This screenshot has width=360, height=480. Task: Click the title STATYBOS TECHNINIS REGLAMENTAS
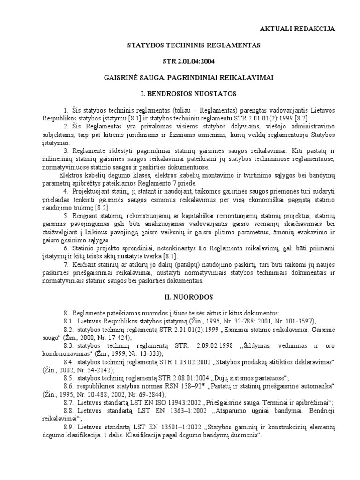click(194, 45)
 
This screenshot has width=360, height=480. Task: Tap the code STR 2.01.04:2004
click(194, 61)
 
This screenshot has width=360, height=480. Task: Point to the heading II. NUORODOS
click(194, 297)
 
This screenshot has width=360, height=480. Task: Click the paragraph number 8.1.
click(68, 321)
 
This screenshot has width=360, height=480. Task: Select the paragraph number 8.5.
click(68, 378)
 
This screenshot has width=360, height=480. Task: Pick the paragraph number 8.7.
click(68, 402)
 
